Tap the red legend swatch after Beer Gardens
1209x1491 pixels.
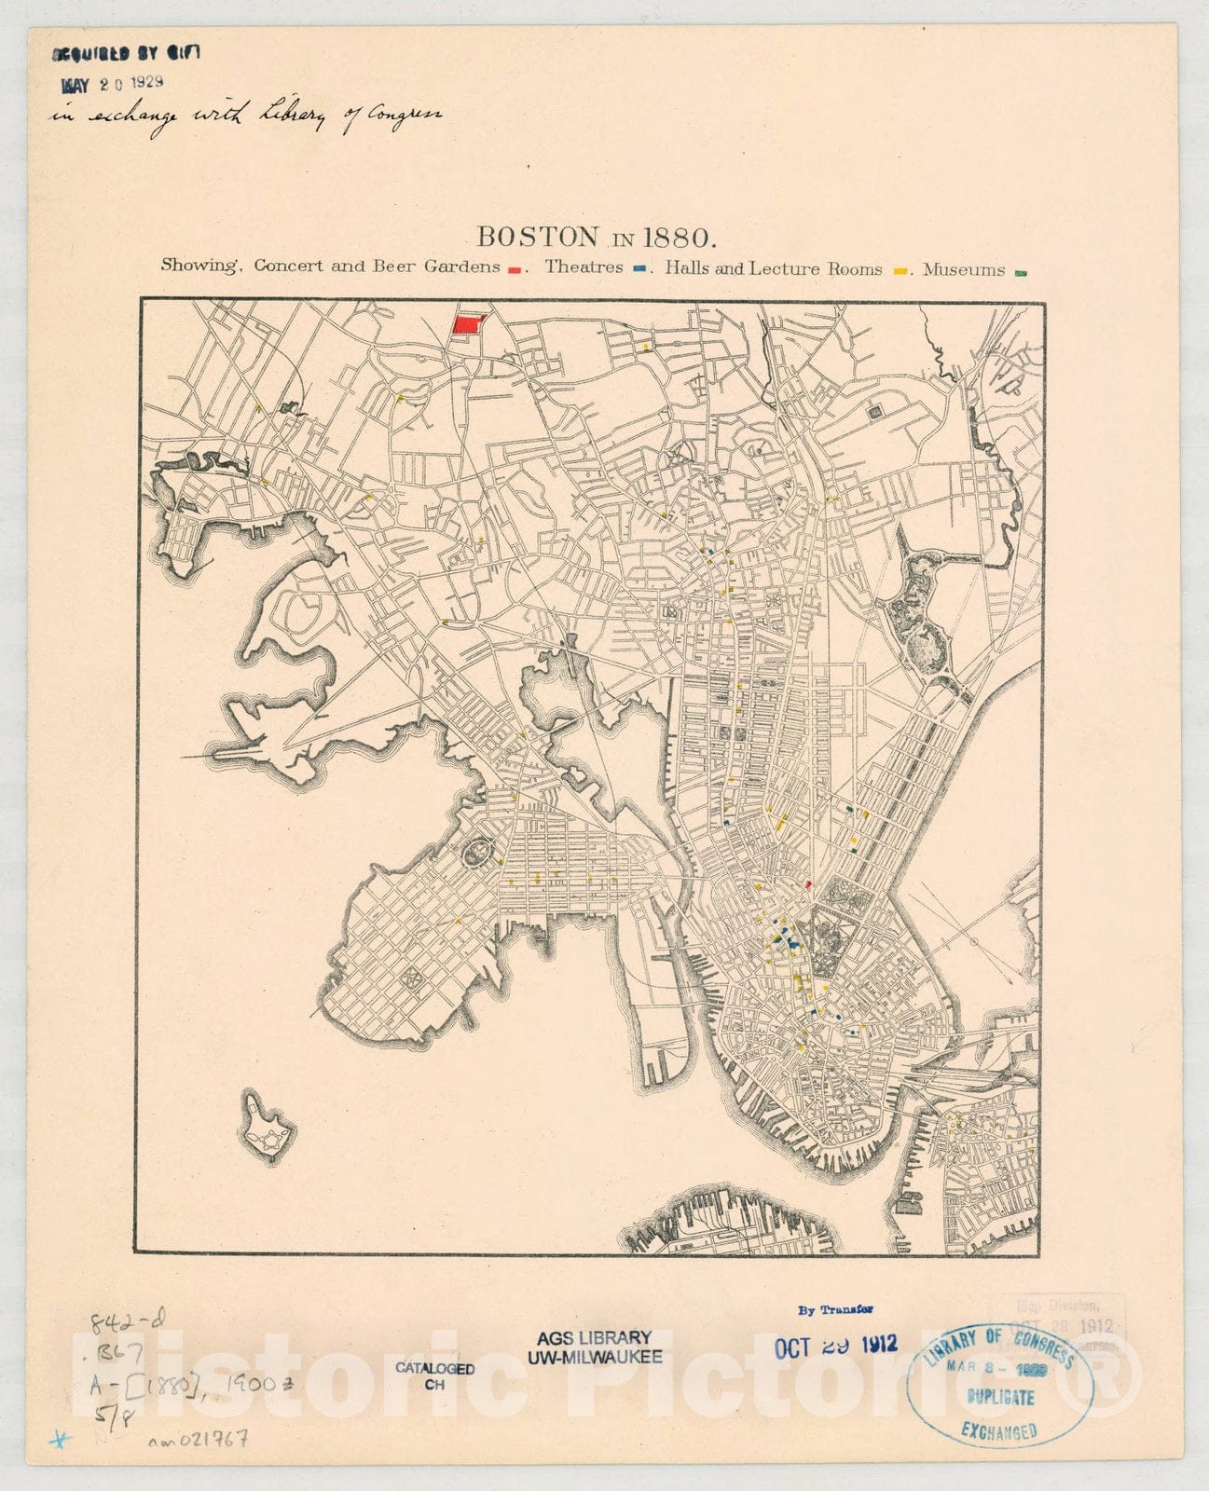(x=515, y=270)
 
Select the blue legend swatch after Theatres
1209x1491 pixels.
(x=640, y=270)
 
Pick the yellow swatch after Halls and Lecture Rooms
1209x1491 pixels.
(x=900, y=271)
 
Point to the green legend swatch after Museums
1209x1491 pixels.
(x=1021, y=273)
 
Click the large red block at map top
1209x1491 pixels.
(x=469, y=324)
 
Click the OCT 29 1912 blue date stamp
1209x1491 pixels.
(x=836, y=1344)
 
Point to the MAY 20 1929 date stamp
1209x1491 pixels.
(x=113, y=83)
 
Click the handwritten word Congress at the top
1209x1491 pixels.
(x=403, y=116)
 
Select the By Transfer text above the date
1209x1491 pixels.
(x=835, y=1309)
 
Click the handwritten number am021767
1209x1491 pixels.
(x=198, y=1440)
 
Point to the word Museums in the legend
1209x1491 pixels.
(x=964, y=270)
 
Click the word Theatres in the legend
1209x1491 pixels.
(x=584, y=267)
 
